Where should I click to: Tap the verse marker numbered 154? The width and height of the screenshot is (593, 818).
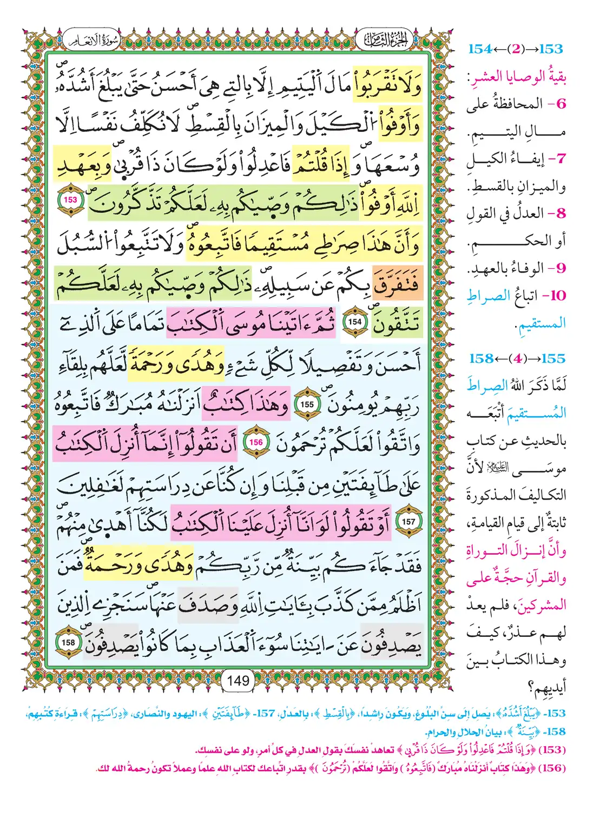click(x=355, y=322)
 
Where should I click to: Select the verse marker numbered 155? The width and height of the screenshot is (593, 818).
click(x=307, y=404)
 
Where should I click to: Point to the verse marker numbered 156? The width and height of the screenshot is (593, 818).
click(x=256, y=443)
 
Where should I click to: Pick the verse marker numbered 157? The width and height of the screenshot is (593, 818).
click(x=408, y=522)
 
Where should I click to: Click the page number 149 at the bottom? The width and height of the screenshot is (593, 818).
click(x=238, y=680)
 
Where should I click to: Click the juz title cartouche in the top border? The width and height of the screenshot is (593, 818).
click(x=385, y=39)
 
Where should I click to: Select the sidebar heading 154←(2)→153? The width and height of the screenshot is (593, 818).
click(x=515, y=49)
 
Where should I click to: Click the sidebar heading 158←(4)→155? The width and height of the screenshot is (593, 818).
click(x=516, y=358)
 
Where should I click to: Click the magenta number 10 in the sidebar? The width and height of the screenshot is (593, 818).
click(x=557, y=296)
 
